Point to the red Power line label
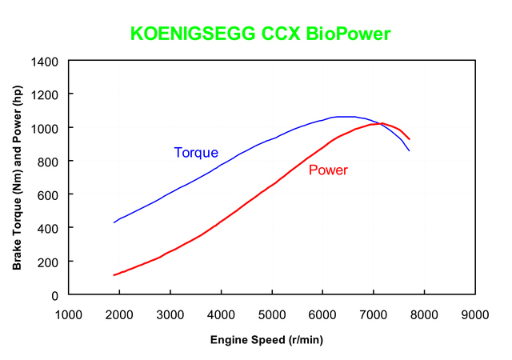click(x=328, y=170)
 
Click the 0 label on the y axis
click(x=57, y=295)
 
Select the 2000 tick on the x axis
click(x=119, y=314)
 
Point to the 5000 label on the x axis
click(x=272, y=314)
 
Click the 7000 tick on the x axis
click(x=374, y=314)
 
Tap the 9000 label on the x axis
click(x=475, y=314)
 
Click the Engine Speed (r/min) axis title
click(x=266, y=340)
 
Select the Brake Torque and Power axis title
click(x=17, y=178)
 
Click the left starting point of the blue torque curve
click(x=114, y=222)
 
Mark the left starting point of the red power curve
click(x=114, y=275)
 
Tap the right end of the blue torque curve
click(x=410, y=150)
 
